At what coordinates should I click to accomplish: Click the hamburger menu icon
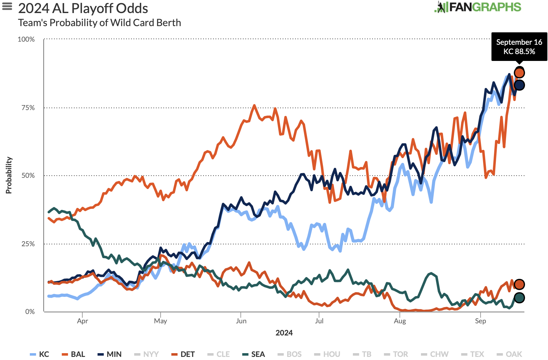[x=7, y=7]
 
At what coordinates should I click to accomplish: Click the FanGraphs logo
[x=478, y=7]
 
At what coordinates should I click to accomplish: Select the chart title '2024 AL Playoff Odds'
[x=83, y=8]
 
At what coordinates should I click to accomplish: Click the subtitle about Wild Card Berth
[x=99, y=23]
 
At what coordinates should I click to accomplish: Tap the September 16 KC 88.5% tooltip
[x=519, y=47]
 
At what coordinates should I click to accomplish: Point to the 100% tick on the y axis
[x=26, y=39]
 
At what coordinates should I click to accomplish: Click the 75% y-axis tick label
[x=28, y=108]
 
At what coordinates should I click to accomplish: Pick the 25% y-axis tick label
[x=28, y=244]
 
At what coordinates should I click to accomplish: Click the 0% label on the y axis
[x=30, y=312]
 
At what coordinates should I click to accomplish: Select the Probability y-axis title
[x=9, y=175]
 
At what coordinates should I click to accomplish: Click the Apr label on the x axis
[x=82, y=321]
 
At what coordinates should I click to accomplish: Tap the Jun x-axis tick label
[x=241, y=321]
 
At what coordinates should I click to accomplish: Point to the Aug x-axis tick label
[x=400, y=321]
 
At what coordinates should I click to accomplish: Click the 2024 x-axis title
[x=284, y=333]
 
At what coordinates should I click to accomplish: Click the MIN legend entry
[x=110, y=354]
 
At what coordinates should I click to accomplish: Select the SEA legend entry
[x=254, y=354]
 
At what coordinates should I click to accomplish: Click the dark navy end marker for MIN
[x=519, y=85]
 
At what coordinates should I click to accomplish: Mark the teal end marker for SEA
[x=519, y=298]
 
